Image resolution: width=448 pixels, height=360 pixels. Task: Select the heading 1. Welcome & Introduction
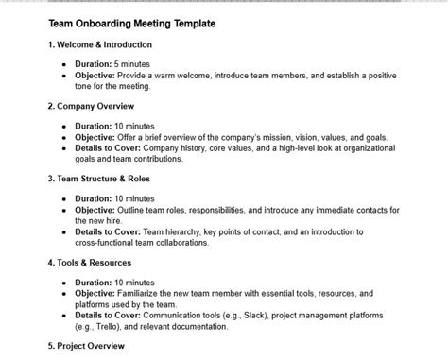coord(99,44)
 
